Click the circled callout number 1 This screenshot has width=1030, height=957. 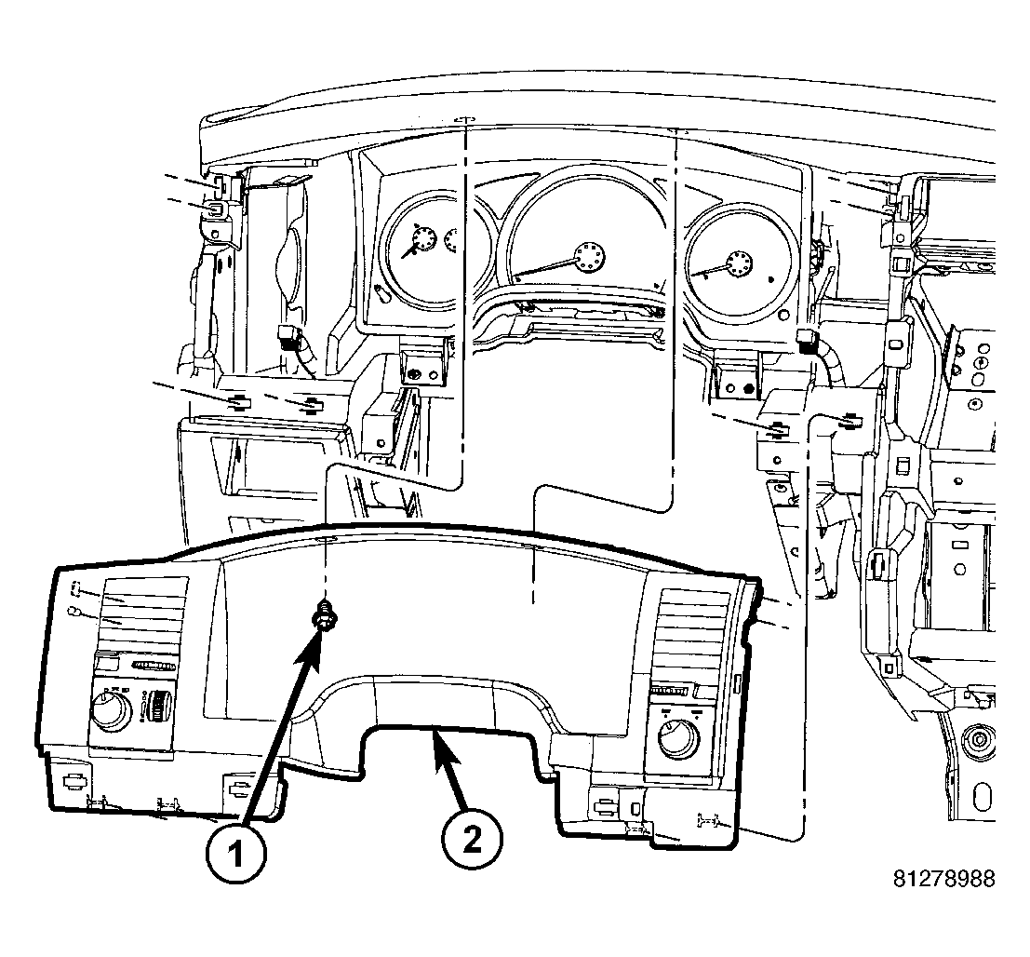235,854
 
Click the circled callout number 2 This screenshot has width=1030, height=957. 472,839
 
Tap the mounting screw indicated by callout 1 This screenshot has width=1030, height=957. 324,616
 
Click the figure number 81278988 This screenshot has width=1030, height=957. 944,878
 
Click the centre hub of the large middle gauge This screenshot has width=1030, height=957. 588,256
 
